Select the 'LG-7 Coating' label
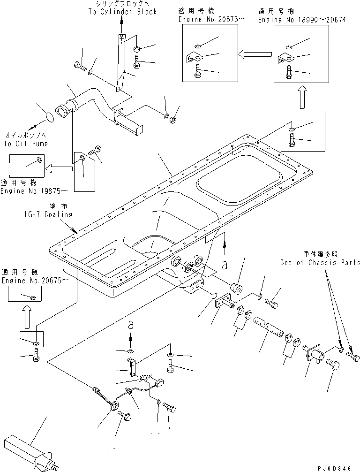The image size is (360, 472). (x=50, y=214)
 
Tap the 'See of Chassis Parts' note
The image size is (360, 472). (x=320, y=263)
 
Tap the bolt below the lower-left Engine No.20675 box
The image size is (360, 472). (x=37, y=358)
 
